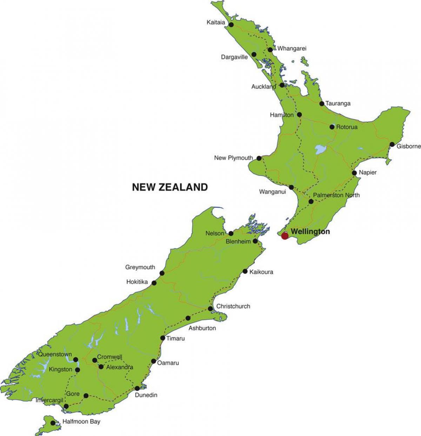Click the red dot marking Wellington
(x=285, y=236)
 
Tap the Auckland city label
(x=263, y=86)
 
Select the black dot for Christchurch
(x=210, y=309)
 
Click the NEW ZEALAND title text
(x=170, y=187)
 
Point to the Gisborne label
(x=408, y=146)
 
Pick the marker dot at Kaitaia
(x=232, y=25)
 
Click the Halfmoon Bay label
(x=81, y=421)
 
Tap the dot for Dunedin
(x=137, y=388)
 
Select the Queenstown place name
(x=55, y=354)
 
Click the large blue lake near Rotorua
(x=320, y=150)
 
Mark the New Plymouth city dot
(x=259, y=158)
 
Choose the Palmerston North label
(x=336, y=195)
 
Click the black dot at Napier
(x=354, y=173)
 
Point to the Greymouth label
(x=140, y=267)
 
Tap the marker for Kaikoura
(x=245, y=271)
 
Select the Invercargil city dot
(x=66, y=407)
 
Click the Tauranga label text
(x=338, y=103)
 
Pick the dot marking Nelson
(x=231, y=233)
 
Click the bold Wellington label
(x=310, y=232)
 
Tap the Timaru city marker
(x=163, y=338)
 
